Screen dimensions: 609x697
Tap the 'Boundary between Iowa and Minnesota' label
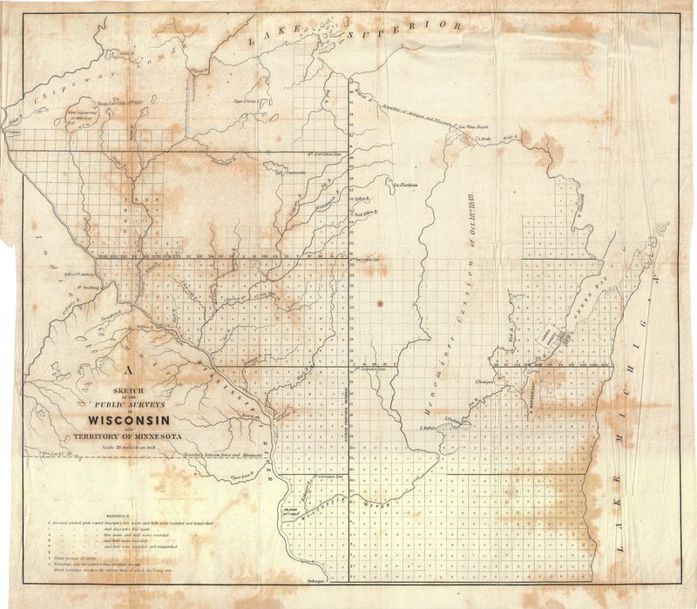pyautogui.click(x=221, y=455)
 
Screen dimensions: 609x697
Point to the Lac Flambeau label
pyautogui.click(x=407, y=185)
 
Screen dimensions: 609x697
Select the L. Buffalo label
pyautogui.click(x=428, y=428)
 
